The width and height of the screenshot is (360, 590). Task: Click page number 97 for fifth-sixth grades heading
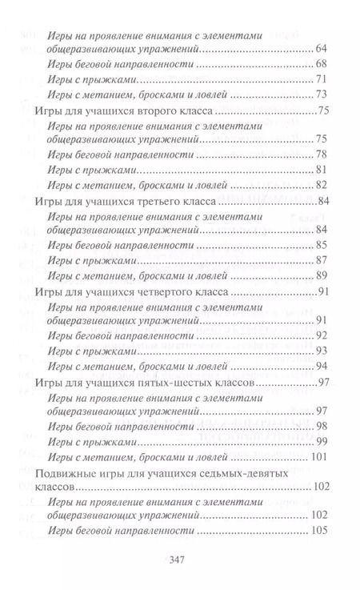[x=325, y=381]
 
